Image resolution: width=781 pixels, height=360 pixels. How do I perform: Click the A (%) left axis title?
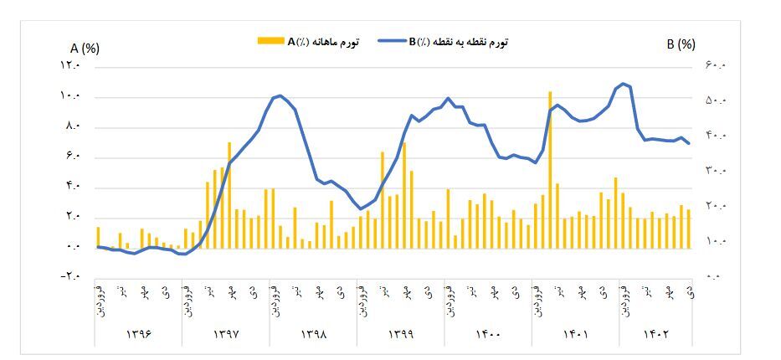click(x=85, y=48)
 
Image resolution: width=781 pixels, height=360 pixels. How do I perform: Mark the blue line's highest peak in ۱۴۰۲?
click(x=623, y=84)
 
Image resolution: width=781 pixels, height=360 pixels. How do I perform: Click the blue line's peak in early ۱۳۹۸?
click(x=280, y=95)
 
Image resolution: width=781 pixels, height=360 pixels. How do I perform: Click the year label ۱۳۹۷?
click(x=226, y=334)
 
